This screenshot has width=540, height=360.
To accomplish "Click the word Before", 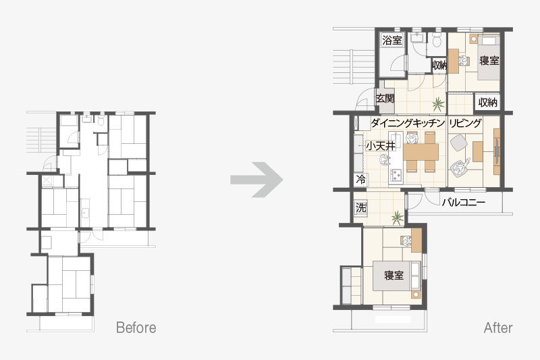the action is tap(136, 328).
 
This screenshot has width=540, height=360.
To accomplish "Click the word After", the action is tap(498, 328).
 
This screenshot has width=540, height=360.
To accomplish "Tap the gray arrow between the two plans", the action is tap(257, 180).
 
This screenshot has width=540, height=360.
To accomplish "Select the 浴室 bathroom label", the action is tap(392, 41).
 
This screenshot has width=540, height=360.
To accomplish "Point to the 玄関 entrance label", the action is tap(385, 99).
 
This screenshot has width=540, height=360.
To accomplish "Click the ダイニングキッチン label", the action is tap(408, 123).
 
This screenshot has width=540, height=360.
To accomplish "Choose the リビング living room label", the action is tap(465, 123).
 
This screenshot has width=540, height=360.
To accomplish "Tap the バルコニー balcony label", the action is tap(464, 202).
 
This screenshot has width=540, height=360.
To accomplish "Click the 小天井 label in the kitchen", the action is tap(380, 146).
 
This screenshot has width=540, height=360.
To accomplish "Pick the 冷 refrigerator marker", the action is tap(361, 180).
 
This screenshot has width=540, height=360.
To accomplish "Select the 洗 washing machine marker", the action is tap(361, 208).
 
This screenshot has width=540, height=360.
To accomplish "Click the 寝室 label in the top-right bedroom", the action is tap(489, 61).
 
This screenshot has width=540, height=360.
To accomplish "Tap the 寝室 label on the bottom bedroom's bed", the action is tap(394, 276).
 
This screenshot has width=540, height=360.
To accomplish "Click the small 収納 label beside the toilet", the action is tap(439, 65).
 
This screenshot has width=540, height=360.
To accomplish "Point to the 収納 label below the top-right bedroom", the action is tap(487, 102).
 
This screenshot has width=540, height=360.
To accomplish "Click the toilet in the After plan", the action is tap(437, 41).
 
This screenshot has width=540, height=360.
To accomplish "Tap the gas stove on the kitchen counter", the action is tap(396, 175).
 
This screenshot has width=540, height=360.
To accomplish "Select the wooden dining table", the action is tap(421, 152).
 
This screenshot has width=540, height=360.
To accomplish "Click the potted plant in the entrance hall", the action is tap(437, 103).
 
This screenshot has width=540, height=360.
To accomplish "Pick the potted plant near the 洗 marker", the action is tap(397, 217).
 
